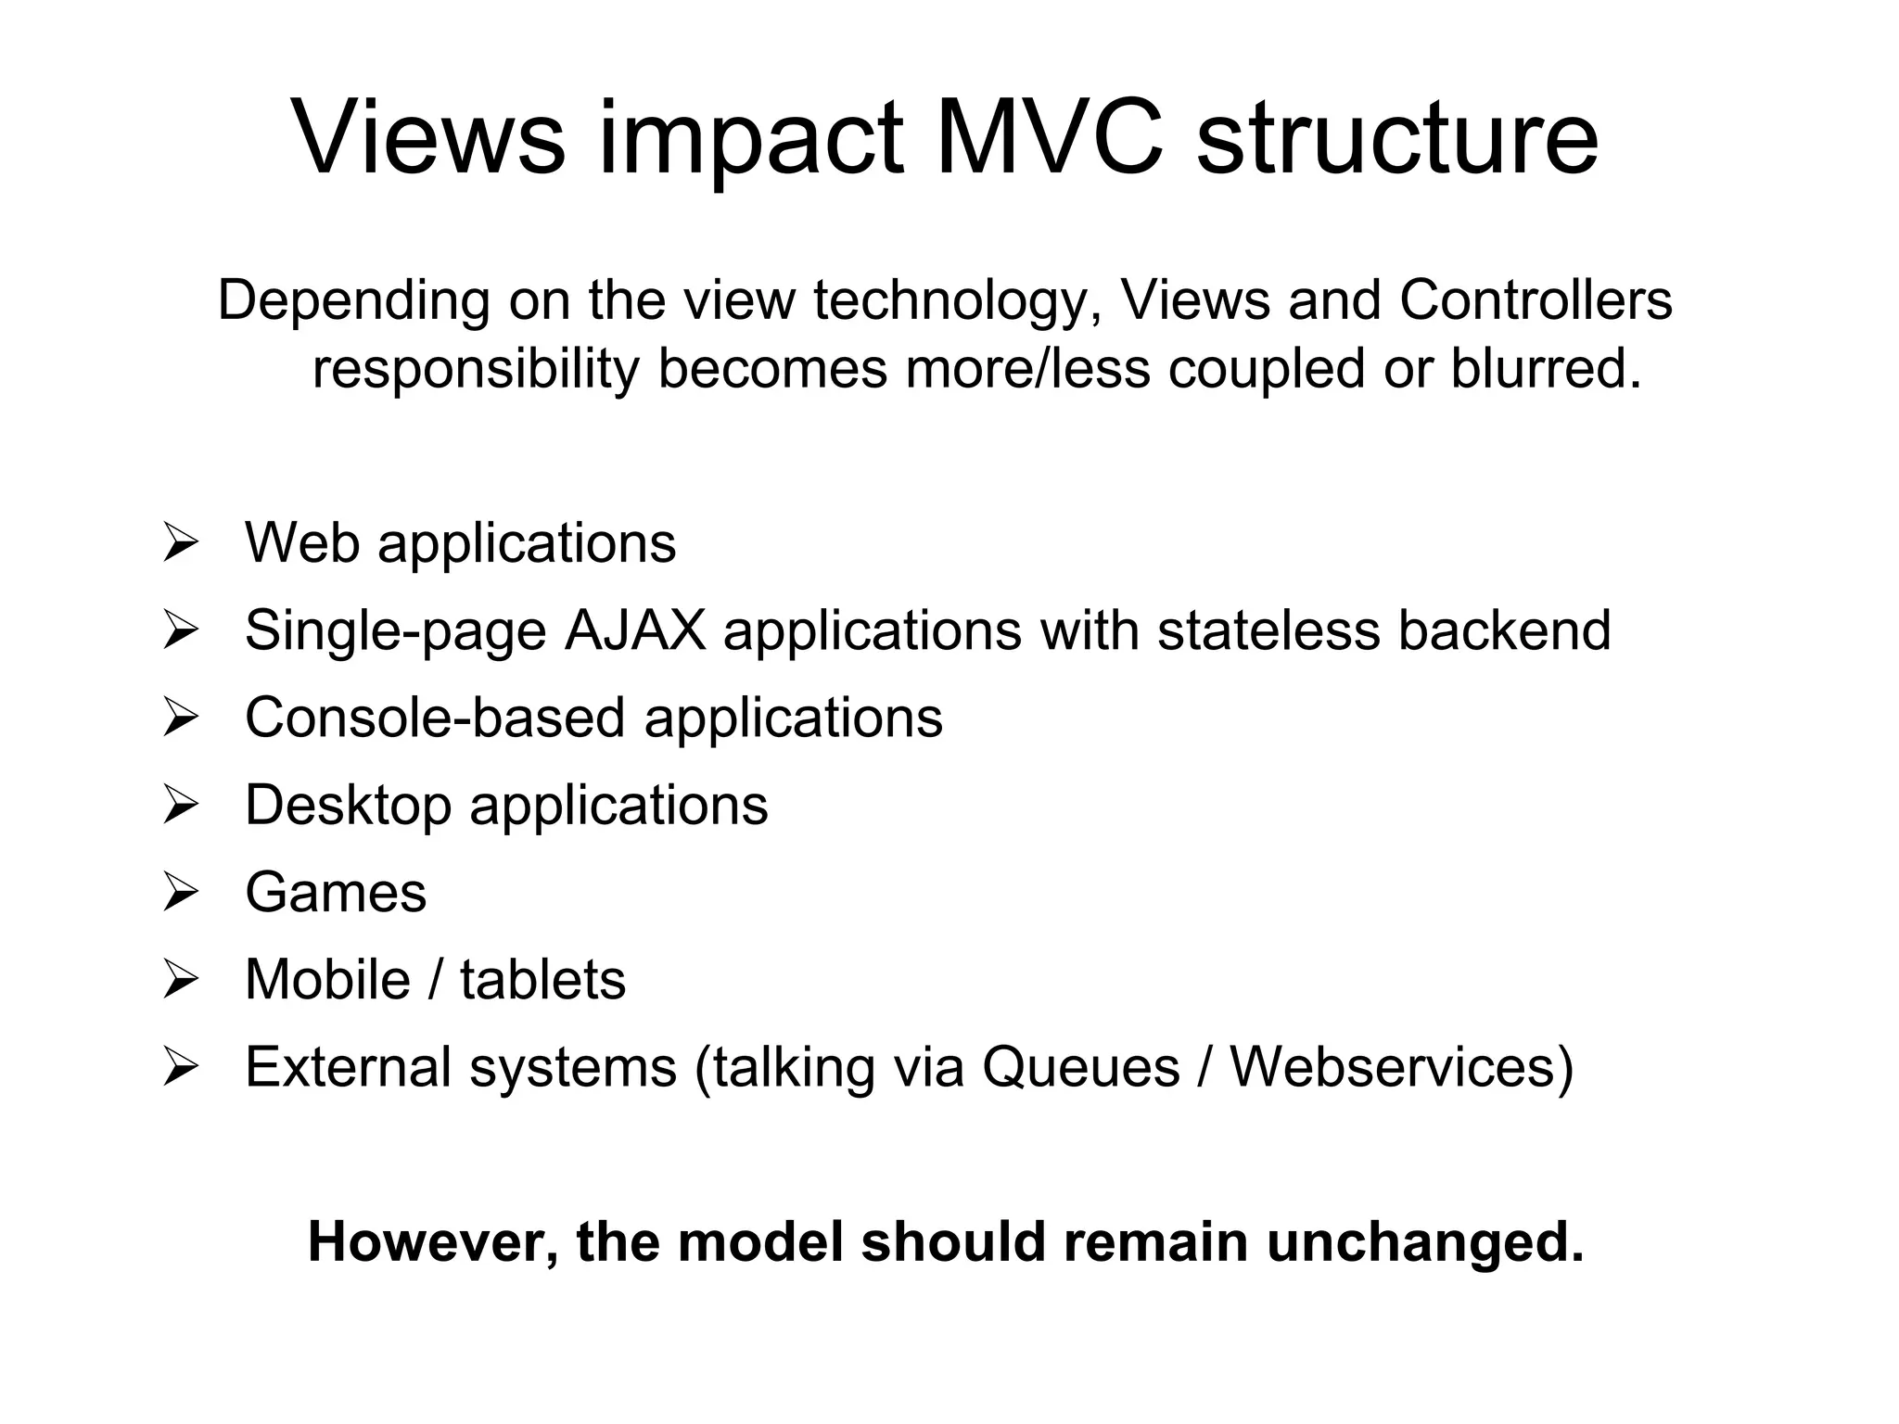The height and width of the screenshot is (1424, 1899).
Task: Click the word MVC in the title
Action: (1049, 138)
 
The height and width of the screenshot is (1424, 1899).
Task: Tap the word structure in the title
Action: (1397, 138)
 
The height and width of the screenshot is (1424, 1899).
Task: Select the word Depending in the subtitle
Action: (353, 301)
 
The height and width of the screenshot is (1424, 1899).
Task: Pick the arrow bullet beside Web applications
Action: (180, 542)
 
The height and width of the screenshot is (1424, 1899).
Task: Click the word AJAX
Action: (634, 630)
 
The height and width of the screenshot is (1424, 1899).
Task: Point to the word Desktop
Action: (348, 805)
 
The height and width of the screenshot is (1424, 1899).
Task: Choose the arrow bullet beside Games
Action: (180, 893)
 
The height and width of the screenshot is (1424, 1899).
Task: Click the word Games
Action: (336, 893)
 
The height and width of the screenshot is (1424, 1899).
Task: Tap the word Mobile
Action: (327, 979)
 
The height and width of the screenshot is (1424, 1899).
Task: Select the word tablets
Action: (542, 979)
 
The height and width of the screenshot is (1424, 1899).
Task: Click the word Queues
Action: (1080, 1067)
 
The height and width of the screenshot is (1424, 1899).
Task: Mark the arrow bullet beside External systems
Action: (180, 1067)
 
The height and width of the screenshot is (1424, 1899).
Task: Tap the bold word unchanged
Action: (1425, 1242)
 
